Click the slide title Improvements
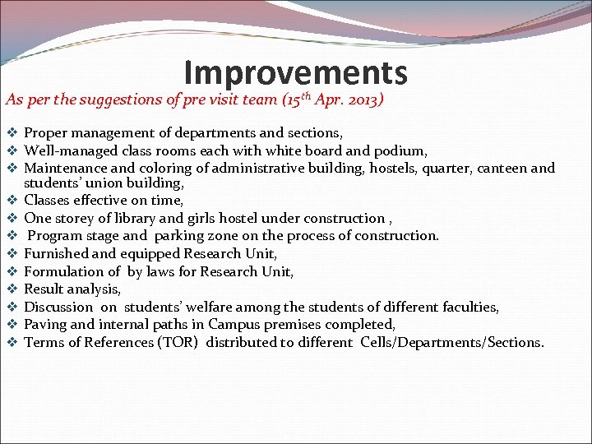pyautogui.click(x=295, y=73)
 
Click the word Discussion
pyautogui.click(x=58, y=308)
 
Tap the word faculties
pyautogui.click(x=469, y=308)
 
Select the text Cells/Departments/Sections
pyautogui.click(x=451, y=342)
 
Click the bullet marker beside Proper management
pyautogui.click(x=12, y=132)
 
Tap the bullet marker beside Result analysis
pyautogui.click(x=12, y=289)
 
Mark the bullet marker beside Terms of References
pyautogui.click(x=12, y=342)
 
